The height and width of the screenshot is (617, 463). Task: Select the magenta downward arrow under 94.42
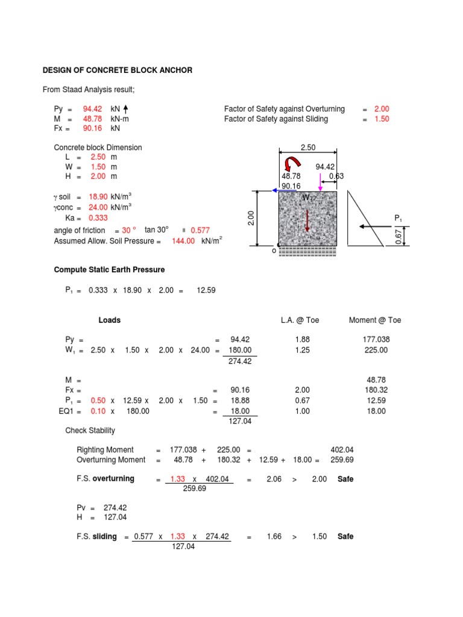pyautogui.click(x=320, y=181)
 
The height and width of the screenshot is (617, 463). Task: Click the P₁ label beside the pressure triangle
pyautogui.click(x=398, y=217)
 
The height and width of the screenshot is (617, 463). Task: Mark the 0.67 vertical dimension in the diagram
pyautogui.click(x=398, y=237)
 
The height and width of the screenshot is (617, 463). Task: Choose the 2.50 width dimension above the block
pyautogui.click(x=308, y=147)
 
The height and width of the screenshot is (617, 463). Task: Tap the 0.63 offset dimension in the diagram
pyautogui.click(x=336, y=176)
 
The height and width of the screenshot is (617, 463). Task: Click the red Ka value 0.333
pyautogui.click(x=98, y=218)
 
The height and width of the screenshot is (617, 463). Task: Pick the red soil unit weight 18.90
pyautogui.click(x=98, y=196)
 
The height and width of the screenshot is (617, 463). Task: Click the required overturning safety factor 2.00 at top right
pyautogui.click(x=382, y=109)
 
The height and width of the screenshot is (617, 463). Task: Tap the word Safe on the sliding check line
pyautogui.click(x=345, y=536)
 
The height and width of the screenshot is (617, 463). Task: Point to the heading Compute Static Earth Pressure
pyautogui.click(x=109, y=269)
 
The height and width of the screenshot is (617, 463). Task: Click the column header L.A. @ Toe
pyautogui.click(x=300, y=320)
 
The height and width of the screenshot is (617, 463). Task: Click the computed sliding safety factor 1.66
pyautogui.click(x=274, y=536)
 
